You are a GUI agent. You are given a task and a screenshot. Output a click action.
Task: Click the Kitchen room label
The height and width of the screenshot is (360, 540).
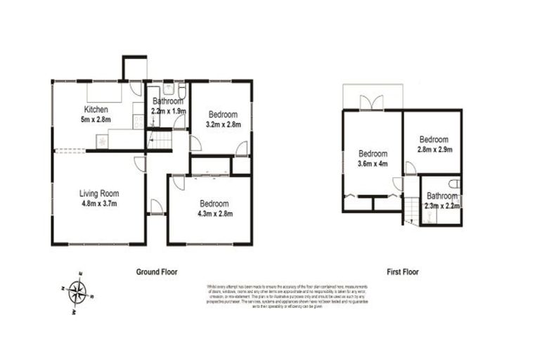(x=96, y=110)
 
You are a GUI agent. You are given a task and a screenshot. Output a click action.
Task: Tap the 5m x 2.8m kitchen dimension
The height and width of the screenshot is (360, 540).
(x=96, y=120)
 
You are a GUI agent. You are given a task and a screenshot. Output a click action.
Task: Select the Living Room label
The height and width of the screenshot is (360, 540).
(x=98, y=193)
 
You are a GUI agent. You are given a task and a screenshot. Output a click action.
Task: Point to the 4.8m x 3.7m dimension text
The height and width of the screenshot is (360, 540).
(x=98, y=204)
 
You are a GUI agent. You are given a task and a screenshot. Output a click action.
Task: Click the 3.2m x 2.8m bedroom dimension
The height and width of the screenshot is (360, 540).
(x=223, y=124)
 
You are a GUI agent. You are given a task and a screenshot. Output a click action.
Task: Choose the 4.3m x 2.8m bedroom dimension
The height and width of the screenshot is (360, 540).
(x=214, y=213)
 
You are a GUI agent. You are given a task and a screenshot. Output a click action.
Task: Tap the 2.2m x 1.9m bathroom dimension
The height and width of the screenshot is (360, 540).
(x=169, y=111)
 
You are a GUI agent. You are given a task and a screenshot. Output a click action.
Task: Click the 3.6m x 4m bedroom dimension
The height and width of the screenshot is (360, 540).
(x=373, y=165)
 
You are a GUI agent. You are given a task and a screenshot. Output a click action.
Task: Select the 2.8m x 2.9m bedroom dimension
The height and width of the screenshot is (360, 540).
(x=433, y=149)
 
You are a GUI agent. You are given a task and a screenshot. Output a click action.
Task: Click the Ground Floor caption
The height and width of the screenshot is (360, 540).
(x=156, y=271)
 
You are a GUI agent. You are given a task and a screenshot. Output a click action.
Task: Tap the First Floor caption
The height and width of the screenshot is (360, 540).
(x=403, y=271)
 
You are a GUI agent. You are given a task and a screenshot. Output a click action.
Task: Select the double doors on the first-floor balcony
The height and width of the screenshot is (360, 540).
(x=372, y=103)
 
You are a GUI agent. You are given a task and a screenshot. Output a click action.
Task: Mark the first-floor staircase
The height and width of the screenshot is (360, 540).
(x=411, y=208)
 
